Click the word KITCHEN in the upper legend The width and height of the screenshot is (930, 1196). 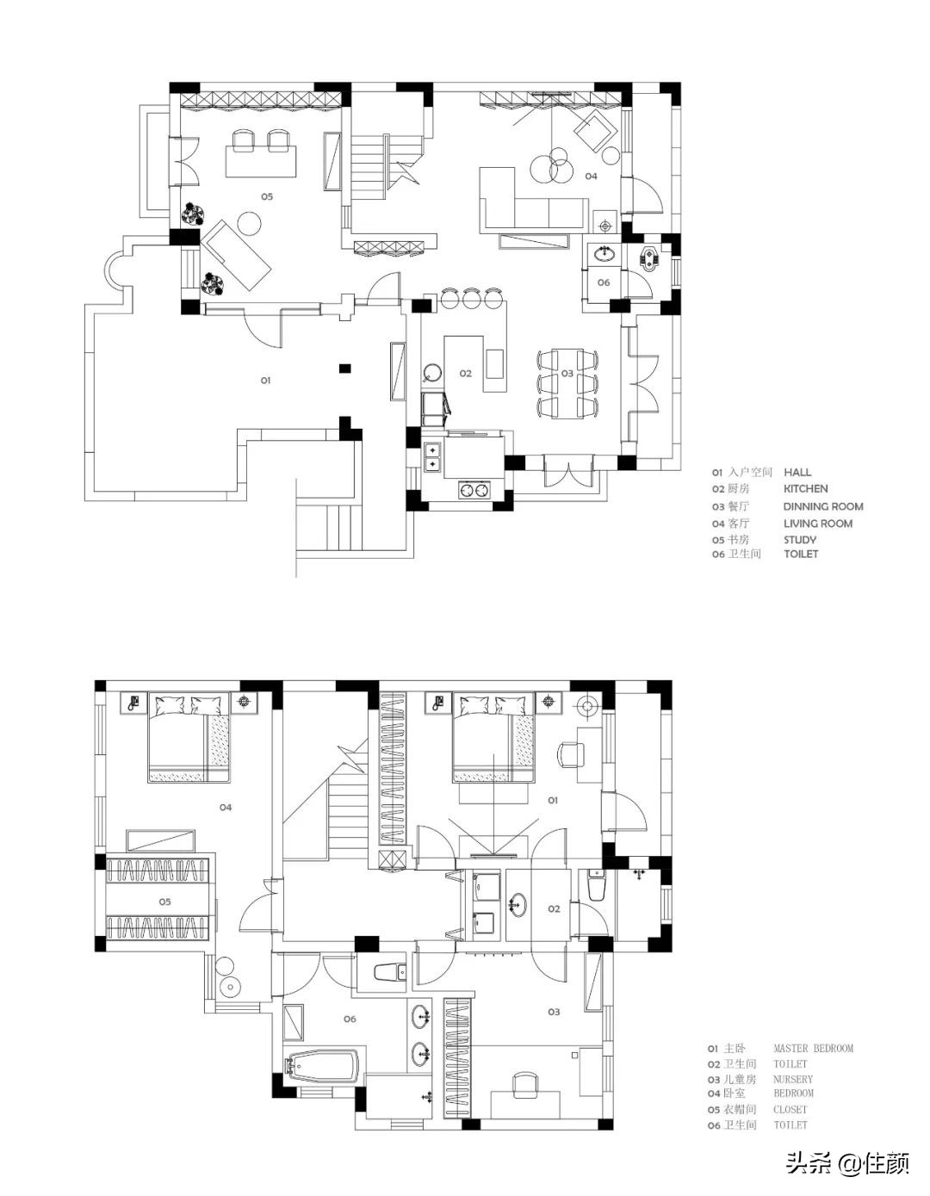[805, 489]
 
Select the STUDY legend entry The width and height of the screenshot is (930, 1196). [800, 540]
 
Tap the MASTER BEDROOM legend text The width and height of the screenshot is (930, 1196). [814, 1049]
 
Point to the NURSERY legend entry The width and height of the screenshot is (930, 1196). [792, 1079]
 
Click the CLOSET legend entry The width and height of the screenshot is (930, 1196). [790, 1110]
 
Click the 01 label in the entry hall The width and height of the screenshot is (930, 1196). [265, 381]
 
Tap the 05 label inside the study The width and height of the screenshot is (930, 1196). [267, 196]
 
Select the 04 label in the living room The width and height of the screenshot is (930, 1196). [591, 177]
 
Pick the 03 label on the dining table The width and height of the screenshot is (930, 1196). [567, 373]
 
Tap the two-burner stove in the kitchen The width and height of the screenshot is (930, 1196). [474, 489]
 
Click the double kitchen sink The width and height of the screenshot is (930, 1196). [433, 458]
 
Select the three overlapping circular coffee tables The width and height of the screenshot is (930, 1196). [551, 165]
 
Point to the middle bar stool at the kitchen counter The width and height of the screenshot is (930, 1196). [472, 298]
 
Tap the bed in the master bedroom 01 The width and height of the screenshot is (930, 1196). [493, 737]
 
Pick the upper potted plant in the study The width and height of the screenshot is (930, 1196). [193, 214]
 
